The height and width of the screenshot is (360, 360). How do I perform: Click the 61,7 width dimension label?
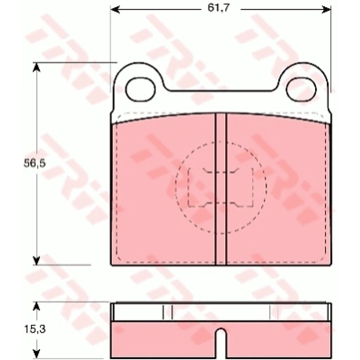(218, 8)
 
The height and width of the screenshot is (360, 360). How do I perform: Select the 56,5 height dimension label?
(35, 163)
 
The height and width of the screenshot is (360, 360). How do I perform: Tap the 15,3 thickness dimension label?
(35, 329)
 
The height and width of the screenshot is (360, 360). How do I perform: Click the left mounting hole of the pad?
(140, 89)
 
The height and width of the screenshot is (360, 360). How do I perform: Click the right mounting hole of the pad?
(301, 89)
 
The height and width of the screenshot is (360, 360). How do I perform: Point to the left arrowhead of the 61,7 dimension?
(115, 10)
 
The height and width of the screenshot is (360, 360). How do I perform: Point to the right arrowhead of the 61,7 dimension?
(326, 10)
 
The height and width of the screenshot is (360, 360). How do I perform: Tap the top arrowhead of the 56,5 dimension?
(36, 67)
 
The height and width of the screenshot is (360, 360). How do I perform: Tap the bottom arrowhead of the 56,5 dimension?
(36, 260)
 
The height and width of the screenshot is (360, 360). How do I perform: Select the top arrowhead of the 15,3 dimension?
(36, 306)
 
